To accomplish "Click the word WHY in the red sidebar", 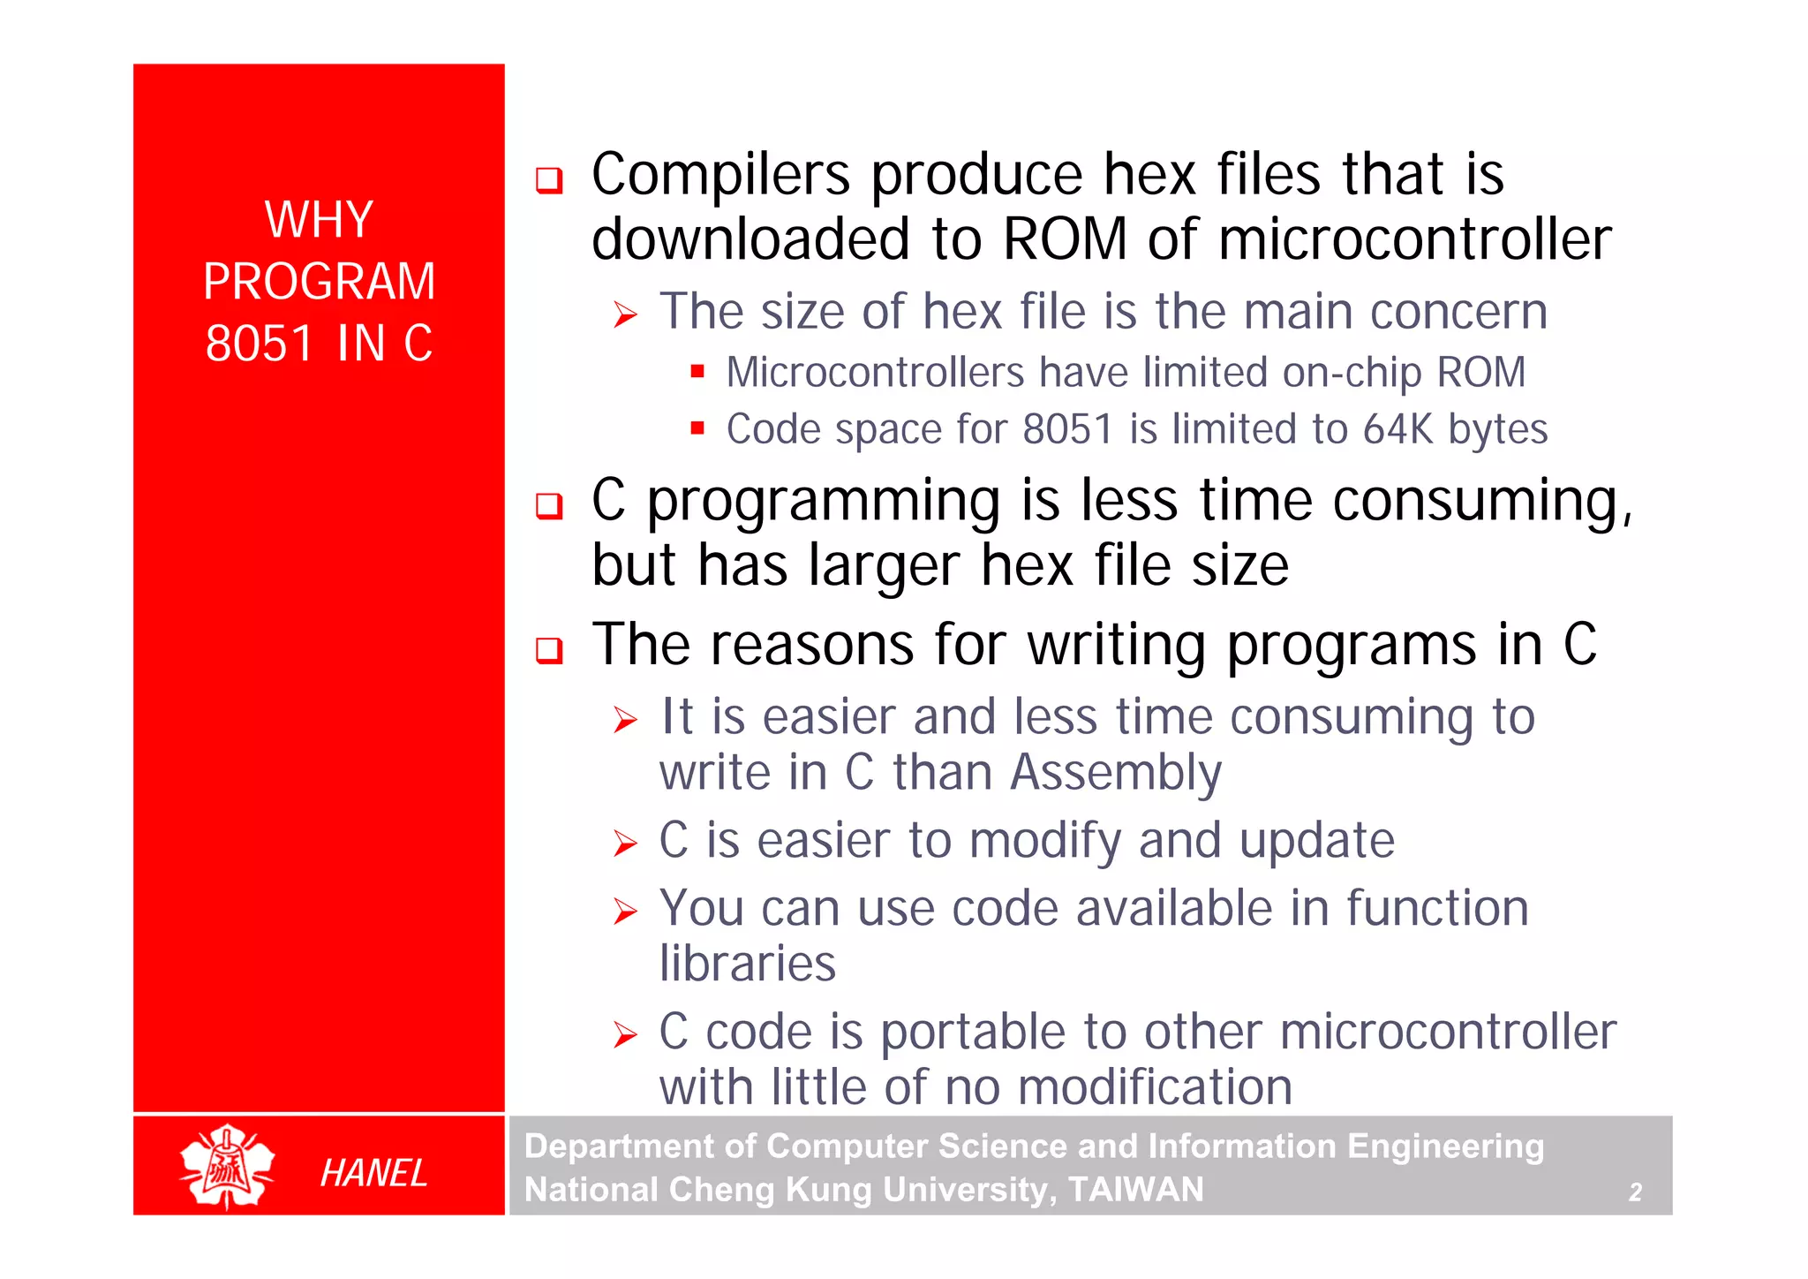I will (x=319, y=219).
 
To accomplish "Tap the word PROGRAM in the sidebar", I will (x=319, y=282).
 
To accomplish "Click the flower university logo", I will (x=227, y=1166).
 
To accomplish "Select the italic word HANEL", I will (x=373, y=1173).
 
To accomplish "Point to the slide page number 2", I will (x=1635, y=1192).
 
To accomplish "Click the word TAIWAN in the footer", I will (x=1135, y=1190).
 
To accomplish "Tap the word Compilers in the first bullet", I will (x=720, y=175).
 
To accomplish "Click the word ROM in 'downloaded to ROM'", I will (x=1065, y=239).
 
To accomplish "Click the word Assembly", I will (x=1116, y=773).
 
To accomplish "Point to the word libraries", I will (x=747, y=963).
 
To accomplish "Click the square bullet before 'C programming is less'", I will (x=549, y=506).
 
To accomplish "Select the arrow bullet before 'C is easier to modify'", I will (x=625, y=844).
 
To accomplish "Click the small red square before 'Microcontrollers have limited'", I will (x=697, y=372).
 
